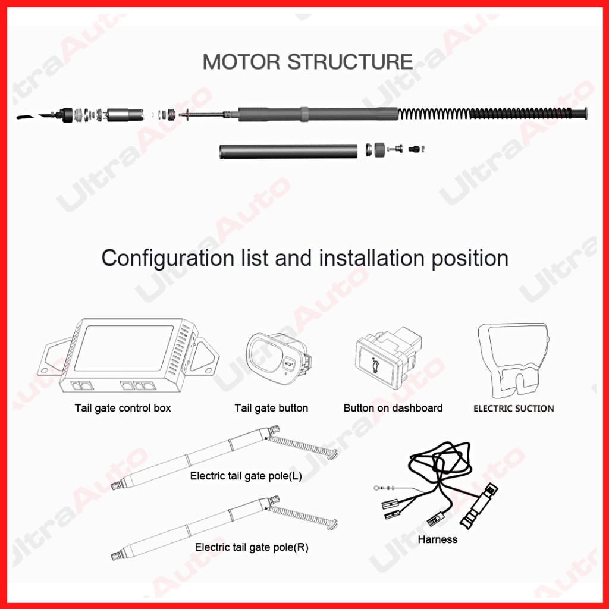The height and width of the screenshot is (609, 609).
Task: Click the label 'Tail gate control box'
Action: point(123,408)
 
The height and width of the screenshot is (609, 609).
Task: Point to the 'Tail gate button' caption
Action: point(271,408)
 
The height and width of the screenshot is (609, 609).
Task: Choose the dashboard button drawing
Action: point(388,360)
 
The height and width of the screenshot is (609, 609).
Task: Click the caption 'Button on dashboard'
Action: point(393,408)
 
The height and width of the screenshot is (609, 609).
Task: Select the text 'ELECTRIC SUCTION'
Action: point(513,409)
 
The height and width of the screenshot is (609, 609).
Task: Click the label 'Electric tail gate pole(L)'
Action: point(246,476)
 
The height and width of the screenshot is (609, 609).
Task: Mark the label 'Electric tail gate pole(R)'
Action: point(252,547)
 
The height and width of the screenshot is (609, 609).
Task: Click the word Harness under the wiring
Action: point(438,539)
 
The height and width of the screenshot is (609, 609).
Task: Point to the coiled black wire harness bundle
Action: point(440,464)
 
